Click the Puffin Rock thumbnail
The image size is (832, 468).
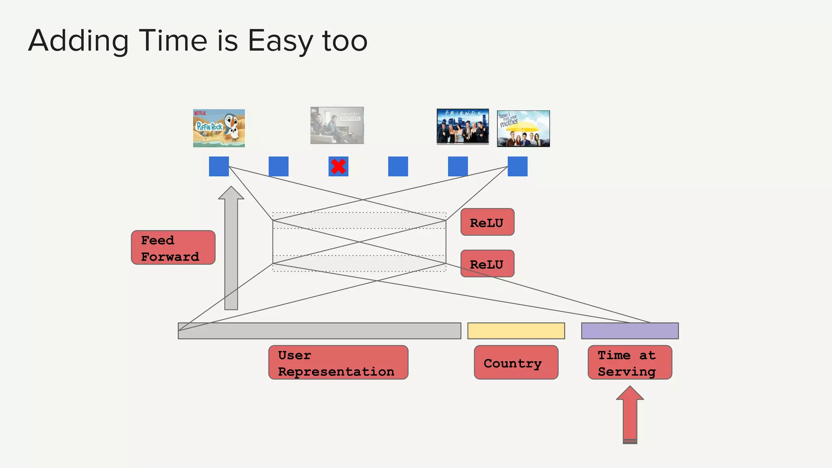coord(219,128)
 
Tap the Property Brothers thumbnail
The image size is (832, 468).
coord(337,126)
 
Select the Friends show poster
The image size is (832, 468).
coord(462,126)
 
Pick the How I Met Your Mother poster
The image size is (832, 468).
coord(523,128)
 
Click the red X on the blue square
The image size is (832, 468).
coord(338,167)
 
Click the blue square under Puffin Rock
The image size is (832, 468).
coord(219,167)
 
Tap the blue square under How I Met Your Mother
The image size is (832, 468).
coord(518,167)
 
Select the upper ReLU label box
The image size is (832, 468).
coord(487,222)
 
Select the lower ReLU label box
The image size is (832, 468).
coord(487,264)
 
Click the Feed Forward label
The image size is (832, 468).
coord(173,248)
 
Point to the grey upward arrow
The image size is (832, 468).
coord(231,248)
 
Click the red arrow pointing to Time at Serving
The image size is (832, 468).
coord(630,414)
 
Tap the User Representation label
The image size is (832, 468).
coord(338,363)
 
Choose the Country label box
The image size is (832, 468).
coord(516,363)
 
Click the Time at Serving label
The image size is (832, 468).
coord(630,363)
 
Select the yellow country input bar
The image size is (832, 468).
coord(516,331)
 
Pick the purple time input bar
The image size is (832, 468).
coord(630,331)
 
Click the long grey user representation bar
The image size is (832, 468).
coord(319,331)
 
